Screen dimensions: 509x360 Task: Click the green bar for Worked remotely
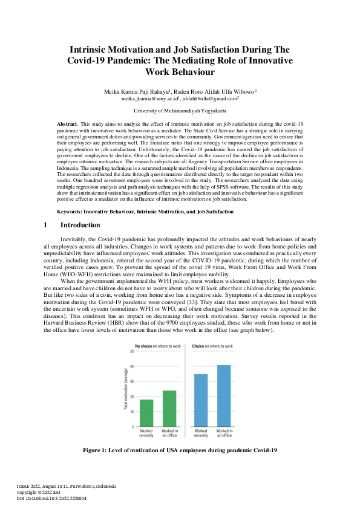point(146,413)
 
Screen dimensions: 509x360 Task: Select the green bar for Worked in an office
point(170,409)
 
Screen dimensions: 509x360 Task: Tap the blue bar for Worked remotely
point(201,400)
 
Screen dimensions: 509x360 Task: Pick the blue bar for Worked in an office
point(224,396)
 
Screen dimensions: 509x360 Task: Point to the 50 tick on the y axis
point(131,351)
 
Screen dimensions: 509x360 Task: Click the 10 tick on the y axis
point(131,412)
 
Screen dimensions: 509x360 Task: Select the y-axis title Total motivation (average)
point(125,389)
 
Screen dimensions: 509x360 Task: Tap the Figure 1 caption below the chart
point(180,450)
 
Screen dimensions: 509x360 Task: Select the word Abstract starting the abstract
point(58,123)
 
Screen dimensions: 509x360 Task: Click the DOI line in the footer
point(51,498)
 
